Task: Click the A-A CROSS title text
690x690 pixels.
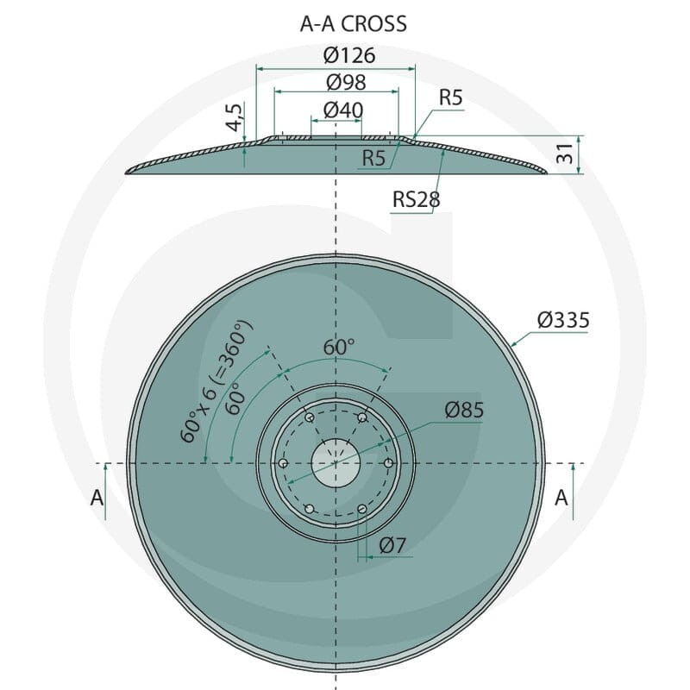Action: [x=354, y=24]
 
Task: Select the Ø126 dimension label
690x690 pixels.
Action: [x=349, y=55]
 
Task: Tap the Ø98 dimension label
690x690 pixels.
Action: [x=347, y=82]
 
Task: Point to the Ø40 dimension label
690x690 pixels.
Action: [x=343, y=110]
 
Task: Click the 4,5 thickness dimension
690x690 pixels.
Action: [x=235, y=117]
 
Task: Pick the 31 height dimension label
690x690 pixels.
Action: [x=565, y=154]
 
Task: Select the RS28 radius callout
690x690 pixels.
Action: [x=416, y=199]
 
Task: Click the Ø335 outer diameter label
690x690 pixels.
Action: [x=563, y=320]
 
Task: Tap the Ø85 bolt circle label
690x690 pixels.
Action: [x=464, y=411]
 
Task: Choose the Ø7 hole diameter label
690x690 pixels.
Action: [x=392, y=546]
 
